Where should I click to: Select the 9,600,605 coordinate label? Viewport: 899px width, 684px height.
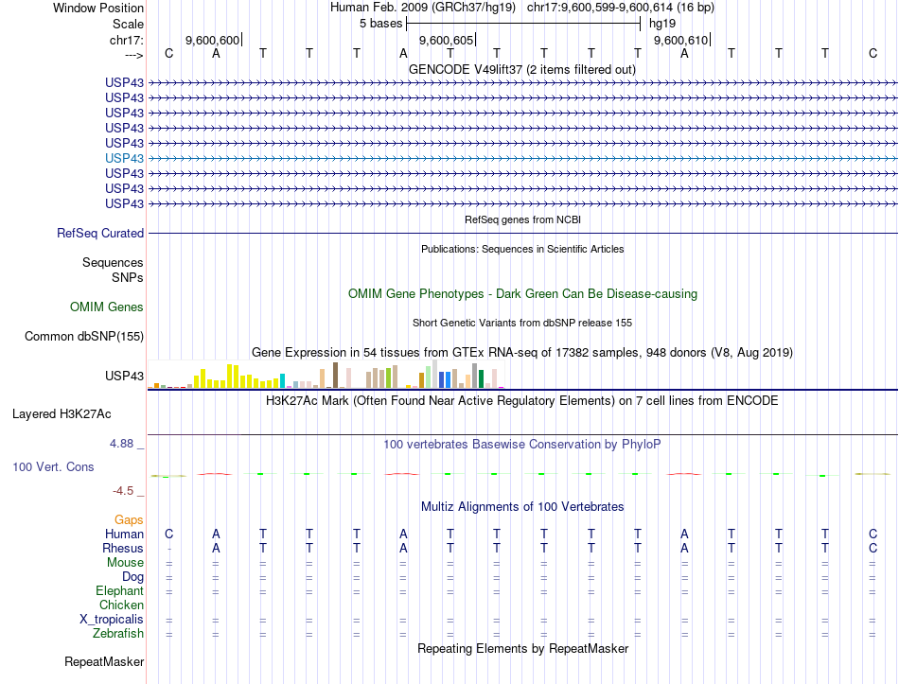click(445, 41)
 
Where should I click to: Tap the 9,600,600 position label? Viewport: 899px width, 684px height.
click(212, 41)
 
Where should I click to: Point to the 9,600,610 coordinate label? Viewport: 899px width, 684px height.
click(679, 41)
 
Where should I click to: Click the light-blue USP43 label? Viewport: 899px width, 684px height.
click(125, 158)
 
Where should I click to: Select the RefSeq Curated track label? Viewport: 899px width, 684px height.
click(100, 233)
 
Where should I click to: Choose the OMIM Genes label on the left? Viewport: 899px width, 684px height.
click(107, 307)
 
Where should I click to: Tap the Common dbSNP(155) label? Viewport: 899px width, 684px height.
click(84, 336)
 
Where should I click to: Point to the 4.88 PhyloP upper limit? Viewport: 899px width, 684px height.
click(123, 443)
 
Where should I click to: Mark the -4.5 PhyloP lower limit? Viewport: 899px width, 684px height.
click(127, 491)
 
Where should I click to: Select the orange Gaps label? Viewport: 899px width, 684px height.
click(129, 520)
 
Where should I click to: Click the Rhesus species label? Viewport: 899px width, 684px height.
click(123, 549)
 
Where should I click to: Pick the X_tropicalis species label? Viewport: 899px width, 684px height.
click(112, 620)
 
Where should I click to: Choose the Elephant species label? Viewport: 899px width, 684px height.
click(119, 591)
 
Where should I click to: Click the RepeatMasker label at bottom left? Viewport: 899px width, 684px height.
click(104, 661)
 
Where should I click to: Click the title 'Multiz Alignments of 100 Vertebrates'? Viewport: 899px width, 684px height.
click(522, 507)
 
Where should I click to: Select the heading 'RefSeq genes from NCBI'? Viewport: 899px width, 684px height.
click(522, 219)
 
